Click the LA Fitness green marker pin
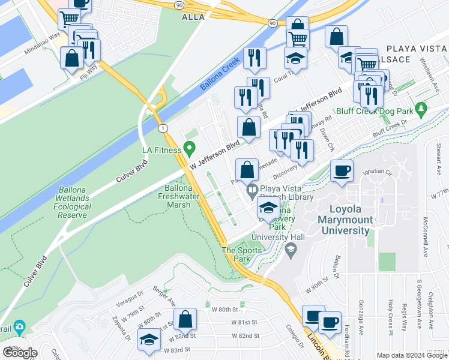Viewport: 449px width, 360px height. (190, 147)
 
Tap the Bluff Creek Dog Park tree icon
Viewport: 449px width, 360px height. (421, 109)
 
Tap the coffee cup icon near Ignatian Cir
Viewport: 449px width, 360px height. (342, 172)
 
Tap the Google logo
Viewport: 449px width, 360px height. (20, 353)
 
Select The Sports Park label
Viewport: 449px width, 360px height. (236, 254)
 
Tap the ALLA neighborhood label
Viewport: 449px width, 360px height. (193, 17)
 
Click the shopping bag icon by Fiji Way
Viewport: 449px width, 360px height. (72, 59)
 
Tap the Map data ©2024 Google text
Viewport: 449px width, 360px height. (411, 355)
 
